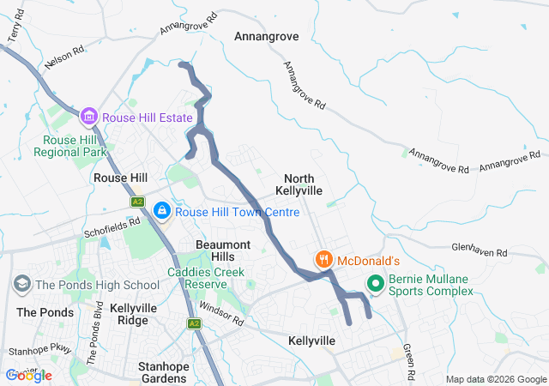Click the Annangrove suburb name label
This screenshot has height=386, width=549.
tap(267, 37)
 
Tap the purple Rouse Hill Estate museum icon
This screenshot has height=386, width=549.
tap(87, 116)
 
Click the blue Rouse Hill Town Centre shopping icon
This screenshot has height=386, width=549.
tap(161, 210)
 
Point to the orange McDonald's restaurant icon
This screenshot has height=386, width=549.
tap(323, 259)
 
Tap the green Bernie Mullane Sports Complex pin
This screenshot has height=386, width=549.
tap(375, 282)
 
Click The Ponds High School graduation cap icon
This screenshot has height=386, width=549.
tap(21, 284)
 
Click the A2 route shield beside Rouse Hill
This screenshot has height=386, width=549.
tap(137, 202)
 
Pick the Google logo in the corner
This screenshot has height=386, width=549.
tap(29, 376)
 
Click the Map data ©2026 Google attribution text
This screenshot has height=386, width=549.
tap(495, 380)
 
